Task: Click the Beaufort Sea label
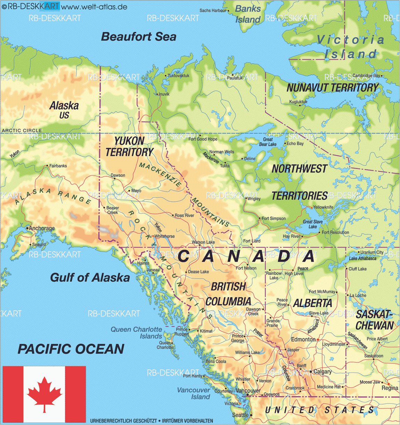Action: (138, 37)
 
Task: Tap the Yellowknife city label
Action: (323, 207)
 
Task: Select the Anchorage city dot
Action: (27, 228)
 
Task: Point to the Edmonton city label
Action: (303, 339)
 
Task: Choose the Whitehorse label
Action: (165, 236)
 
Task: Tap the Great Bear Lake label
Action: (268, 142)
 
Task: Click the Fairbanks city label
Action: (58, 166)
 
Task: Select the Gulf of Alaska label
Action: (90, 278)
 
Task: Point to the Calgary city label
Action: (322, 371)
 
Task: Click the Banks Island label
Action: (248, 14)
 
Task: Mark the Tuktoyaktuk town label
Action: (178, 75)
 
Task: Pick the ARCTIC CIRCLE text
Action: (22, 130)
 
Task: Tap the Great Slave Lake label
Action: (313, 224)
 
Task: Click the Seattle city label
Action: (240, 415)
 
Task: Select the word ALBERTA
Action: (313, 303)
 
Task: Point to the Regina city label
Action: (390, 388)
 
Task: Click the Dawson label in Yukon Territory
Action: (118, 175)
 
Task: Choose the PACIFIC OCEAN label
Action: (71, 349)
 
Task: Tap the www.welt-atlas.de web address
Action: (94, 7)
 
